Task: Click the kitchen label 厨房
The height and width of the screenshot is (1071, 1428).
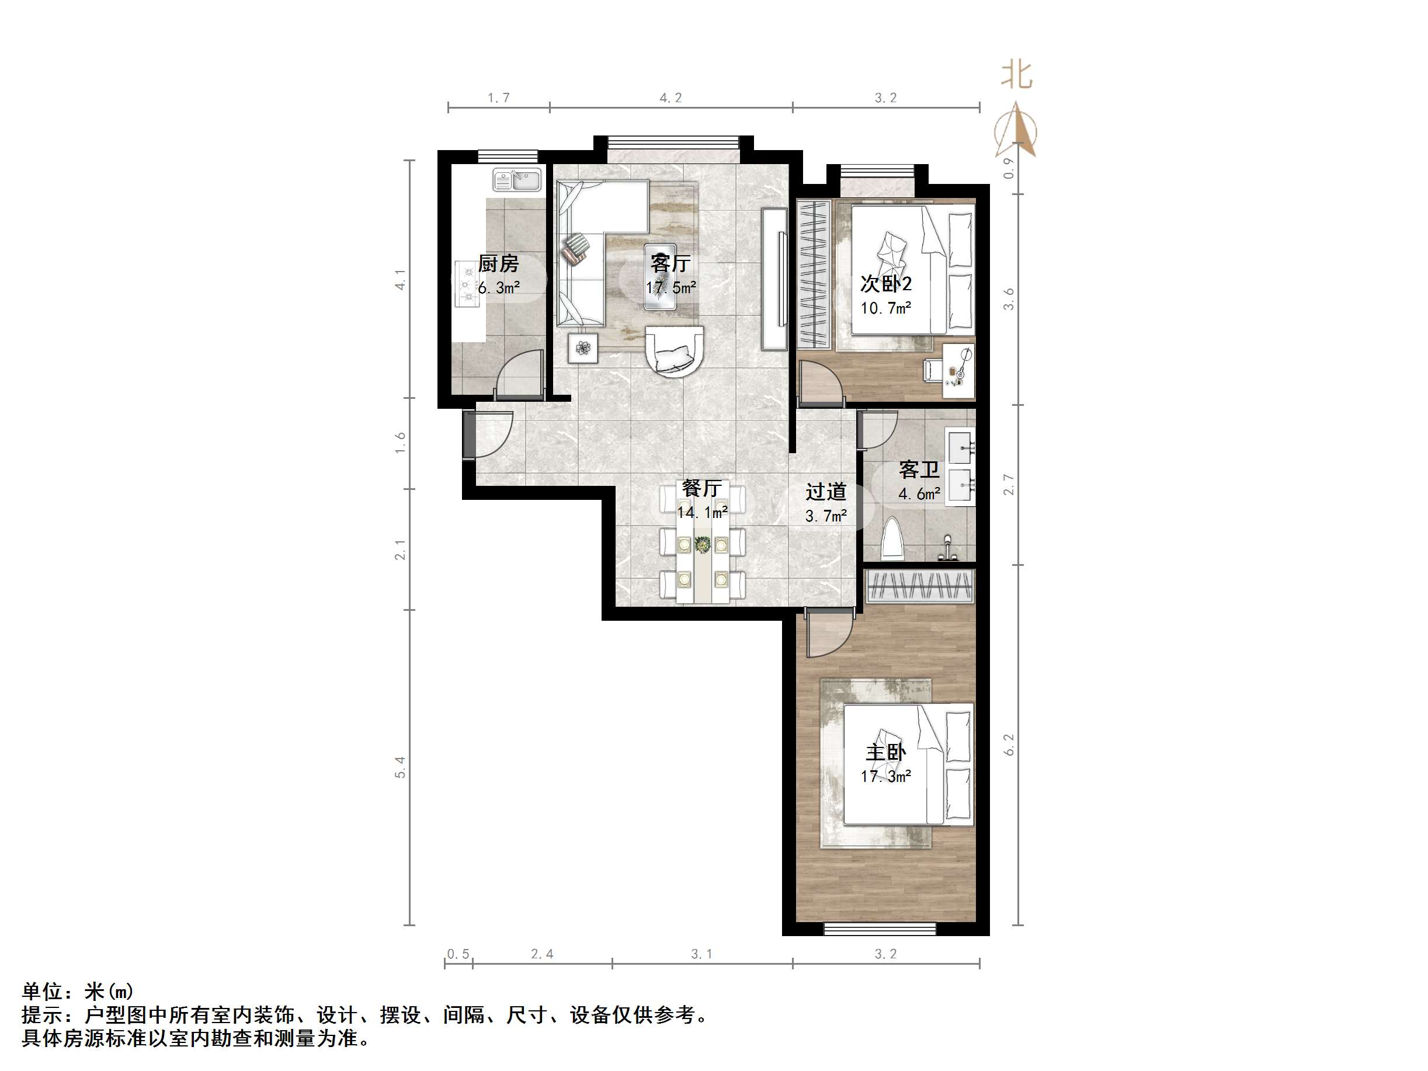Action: pos(498,263)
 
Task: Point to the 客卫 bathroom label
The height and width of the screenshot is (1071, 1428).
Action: pos(919,470)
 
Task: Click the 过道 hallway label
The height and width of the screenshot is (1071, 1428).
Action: pos(826,492)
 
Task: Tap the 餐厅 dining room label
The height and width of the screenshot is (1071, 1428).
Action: pos(701,488)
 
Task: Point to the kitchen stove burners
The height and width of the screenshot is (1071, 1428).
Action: pos(465,284)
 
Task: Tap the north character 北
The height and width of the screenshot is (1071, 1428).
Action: pos(1016,75)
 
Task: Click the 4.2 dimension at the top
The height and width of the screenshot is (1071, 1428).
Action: pos(670,98)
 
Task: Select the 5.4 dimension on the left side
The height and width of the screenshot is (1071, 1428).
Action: pos(400,766)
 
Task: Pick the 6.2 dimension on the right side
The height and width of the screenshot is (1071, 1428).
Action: pos(1009,745)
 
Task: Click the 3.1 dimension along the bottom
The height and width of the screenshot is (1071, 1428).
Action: pos(701,954)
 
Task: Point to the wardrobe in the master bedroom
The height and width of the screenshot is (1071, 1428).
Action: pos(919,586)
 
